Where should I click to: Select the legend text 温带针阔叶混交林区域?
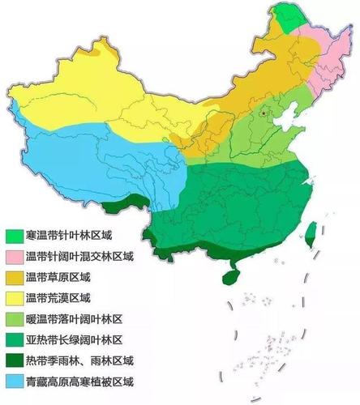(x=79, y=256)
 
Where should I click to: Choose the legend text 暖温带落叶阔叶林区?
(x=73, y=318)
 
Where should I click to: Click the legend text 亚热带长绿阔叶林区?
(x=73, y=339)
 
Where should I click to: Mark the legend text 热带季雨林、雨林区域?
(x=79, y=360)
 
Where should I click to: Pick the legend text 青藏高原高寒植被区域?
(x=79, y=380)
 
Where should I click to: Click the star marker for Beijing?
(x=263, y=114)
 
